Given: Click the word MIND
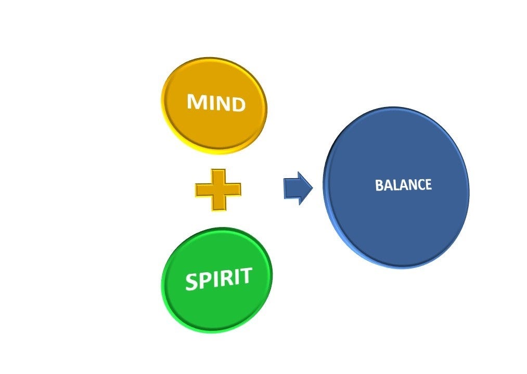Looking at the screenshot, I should [216, 102].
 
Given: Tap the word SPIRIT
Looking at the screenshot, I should [218, 279].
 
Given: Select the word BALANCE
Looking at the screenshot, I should [403, 185].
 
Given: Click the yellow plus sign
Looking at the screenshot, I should [218, 190].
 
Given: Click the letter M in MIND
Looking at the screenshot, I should [196, 101].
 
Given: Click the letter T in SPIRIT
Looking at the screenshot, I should [245, 275].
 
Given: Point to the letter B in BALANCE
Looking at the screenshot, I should [379, 186].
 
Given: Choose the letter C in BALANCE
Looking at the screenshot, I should [420, 184].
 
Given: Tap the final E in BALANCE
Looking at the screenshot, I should [428, 184].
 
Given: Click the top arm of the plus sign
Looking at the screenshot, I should [218, 176].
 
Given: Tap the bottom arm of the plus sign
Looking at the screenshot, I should [218, 204].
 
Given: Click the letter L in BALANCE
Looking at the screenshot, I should [394, 185].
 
